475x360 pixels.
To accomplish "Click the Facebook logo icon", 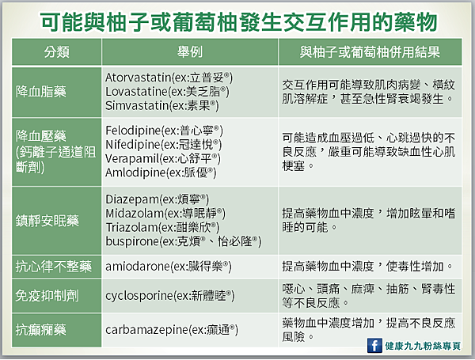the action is click(x=374, y=345).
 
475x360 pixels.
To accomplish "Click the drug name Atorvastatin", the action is click(x=138, y=78).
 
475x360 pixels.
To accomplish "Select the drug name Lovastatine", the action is click(x=136, y=92).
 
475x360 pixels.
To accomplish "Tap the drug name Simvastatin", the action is click(x=136, y=106).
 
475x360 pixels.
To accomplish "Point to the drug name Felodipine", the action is click(x=133, y=131).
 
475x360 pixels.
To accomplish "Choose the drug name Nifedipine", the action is click(x=132, y=145).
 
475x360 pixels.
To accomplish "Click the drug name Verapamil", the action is click(x=132, y=159).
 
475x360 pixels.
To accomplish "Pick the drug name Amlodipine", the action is click(x=135, y=172).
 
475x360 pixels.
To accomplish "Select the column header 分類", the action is click(x=57, y=52).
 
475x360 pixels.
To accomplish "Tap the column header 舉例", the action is click(x=190, y=52).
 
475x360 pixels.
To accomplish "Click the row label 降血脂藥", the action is click(x=41, y=92).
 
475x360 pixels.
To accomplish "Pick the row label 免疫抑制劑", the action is click(x=47, y=295).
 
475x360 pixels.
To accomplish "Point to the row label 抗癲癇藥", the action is click(x=41, y=330).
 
